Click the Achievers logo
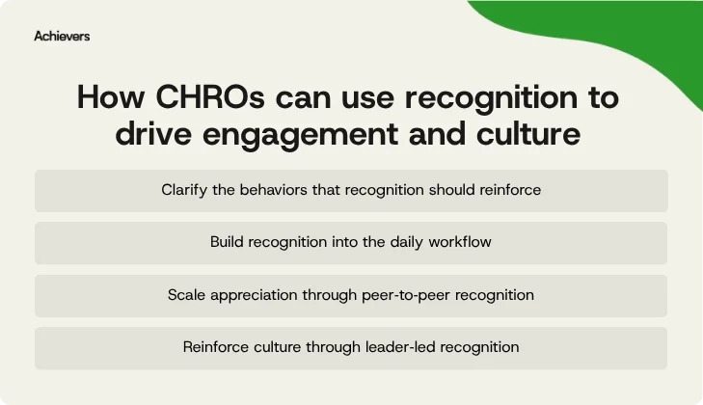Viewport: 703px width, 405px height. pos(62,36)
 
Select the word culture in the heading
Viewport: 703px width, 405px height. pos(528,134)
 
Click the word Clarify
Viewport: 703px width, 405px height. pos(186,190)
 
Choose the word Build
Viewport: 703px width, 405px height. pos(227,242)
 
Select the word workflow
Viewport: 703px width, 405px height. pos(462,242)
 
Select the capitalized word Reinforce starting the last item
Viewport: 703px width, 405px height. pos(215,346)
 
